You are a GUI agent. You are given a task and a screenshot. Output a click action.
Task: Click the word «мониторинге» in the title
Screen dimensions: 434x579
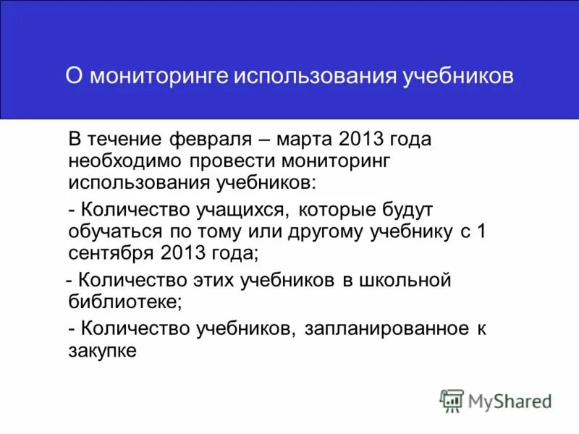(x=157, y=76)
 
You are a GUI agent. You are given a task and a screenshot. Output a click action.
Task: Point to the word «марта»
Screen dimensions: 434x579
(x=305, y=139)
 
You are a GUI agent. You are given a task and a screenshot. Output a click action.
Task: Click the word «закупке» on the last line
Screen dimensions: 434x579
(x=103, y=350)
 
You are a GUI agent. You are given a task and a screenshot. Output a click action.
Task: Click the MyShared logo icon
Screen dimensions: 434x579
(x=452, y=401)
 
